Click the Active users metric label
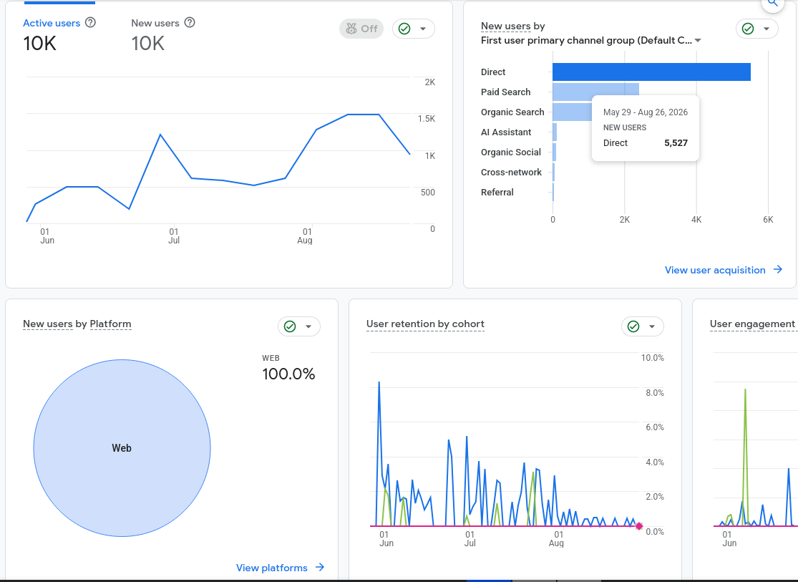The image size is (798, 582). [x=52, y=23]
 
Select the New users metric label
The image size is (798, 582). [x=155, y=23]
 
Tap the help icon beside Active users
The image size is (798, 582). [x=90, y=22]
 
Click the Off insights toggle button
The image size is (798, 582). [x=361, y=29]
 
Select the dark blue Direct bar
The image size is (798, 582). [x=651, y=72]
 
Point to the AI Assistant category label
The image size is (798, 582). [x=506, y=132]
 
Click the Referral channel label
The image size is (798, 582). [x=497, y=193]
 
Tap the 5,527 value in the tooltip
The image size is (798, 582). [x=676, y=143]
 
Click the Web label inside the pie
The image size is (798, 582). [x=122, y=448]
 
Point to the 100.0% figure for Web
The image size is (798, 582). [x=288, y=374]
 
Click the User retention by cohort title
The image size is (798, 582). [x=425, y=324]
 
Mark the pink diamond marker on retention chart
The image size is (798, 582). [x=639, y=526]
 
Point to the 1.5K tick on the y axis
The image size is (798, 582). [x=427, y=119]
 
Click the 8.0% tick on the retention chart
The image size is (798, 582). [x=654, y=392]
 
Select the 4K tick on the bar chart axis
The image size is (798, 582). [x=696, y=220]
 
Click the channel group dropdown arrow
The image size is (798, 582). [x=698, y=40]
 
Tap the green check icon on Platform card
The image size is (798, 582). [x=290, y=326]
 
